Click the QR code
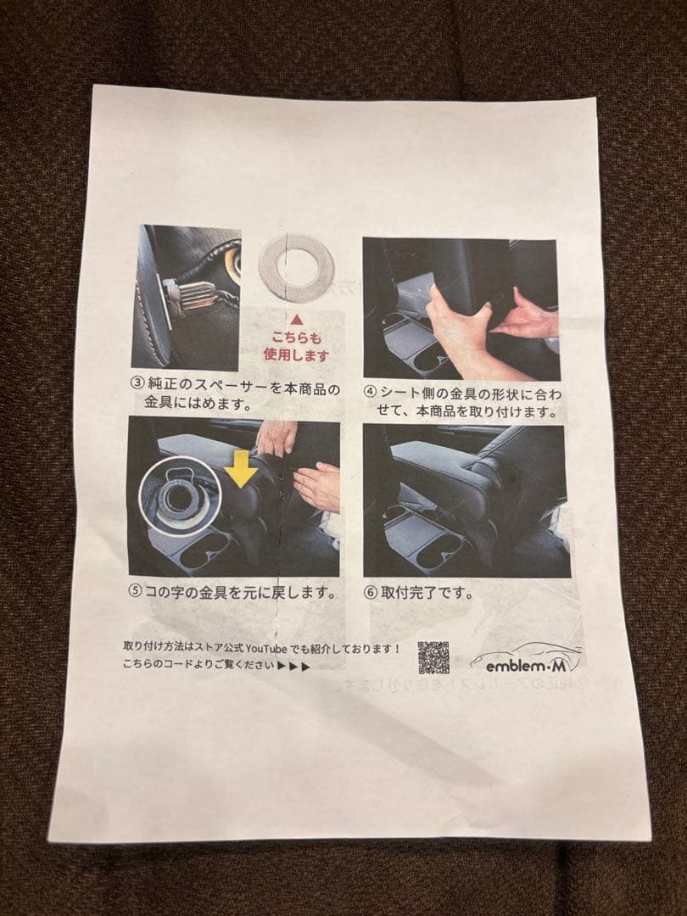(433, 657)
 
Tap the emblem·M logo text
(525, 665)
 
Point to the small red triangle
(297, 320)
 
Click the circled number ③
(137, 383)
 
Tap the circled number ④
(370, 392)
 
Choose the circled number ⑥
(371, 592)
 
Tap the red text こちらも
(296, 338)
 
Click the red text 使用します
(296, 355)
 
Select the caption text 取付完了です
(427, 592)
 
